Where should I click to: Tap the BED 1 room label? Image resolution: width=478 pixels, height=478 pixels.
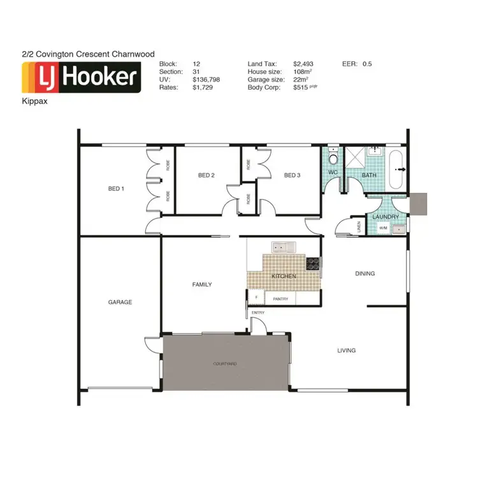pos(115,188)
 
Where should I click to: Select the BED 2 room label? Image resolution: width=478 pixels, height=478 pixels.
pos(206,175)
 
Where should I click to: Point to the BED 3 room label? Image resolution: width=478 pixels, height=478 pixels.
pos(292,175)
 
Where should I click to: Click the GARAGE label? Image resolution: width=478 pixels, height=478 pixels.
pos(120,302)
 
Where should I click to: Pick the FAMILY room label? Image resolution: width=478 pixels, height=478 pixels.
pos(202,284)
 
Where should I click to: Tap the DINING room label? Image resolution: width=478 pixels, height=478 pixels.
pos(365,273)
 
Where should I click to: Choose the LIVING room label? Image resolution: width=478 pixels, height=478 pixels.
pos(346,351)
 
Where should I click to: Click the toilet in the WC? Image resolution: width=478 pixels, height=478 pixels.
pos(333,159)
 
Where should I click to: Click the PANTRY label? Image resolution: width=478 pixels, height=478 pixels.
pos(281,298)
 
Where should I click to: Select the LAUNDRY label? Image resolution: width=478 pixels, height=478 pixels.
pos(386,217)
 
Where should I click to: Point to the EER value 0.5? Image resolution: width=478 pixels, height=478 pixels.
pos(367,64)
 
